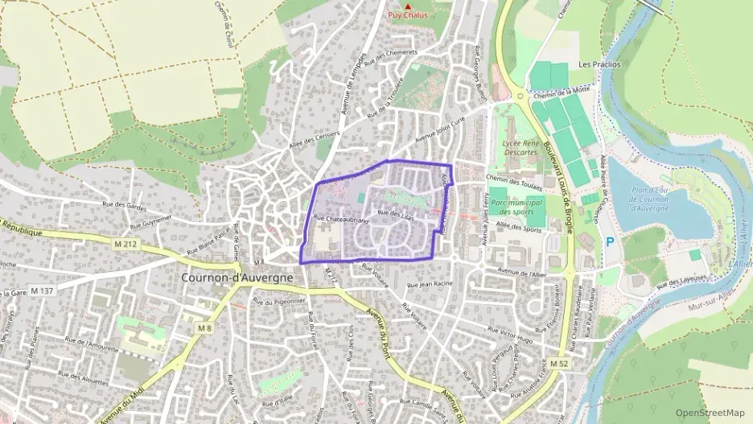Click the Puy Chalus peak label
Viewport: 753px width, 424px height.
pyautogui.click(x=408, y=15)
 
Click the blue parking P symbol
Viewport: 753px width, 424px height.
pyautogui.click(x=609, y=241)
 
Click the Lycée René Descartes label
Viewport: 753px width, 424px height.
pyautogui.click(x=519, y=147)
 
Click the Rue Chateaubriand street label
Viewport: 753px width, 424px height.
pyautogui.click(x=341, y=218)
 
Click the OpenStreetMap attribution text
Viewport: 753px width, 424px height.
pyautogui.click(x=710, y=413)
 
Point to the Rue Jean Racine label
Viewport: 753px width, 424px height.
pyautogui.click(x=432, y=284)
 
